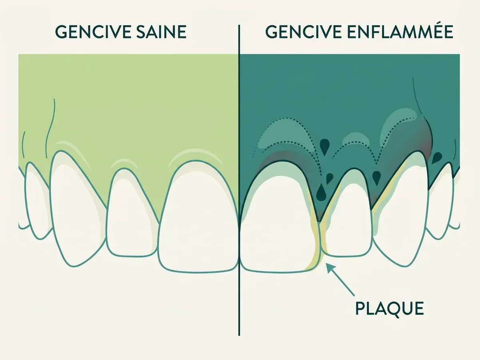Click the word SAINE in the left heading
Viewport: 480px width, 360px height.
161,32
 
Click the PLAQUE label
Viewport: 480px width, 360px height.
390,308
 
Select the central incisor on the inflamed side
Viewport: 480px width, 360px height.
280,218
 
